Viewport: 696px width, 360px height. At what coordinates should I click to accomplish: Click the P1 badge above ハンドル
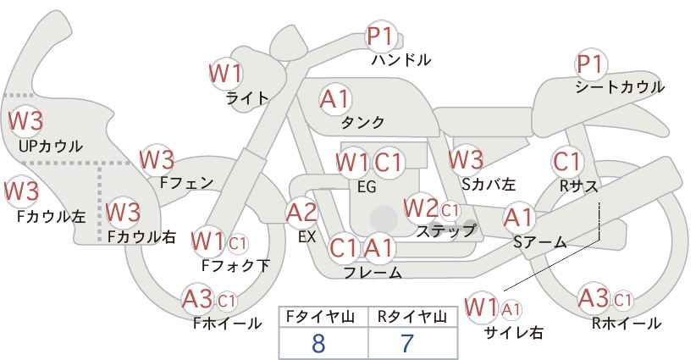point(380,36)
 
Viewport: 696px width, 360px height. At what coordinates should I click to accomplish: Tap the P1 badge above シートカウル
point(591,65)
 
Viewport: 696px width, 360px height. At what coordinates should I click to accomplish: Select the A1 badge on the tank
point(335,100)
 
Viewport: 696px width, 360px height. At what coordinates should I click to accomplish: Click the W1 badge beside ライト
point(225,73)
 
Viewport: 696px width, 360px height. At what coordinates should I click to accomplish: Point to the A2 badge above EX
point(301,213)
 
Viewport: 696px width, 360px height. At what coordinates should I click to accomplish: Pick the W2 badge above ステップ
point(420,208)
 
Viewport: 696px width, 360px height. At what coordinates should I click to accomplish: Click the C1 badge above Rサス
point(566,162)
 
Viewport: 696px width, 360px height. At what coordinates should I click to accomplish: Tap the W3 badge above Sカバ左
point(466,159)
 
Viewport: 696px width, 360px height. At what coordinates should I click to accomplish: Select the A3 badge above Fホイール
point(197,299)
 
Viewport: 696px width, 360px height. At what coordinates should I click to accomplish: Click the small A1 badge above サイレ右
point(511,308)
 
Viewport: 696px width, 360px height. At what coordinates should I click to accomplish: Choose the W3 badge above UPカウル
point(25,121)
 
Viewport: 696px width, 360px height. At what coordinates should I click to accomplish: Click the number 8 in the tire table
point(318,343)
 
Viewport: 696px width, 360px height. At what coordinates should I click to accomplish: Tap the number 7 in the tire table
point(406,343)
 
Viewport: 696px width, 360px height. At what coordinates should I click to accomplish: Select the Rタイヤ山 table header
point(412,317)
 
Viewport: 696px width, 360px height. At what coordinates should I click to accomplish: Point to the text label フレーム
point(373,272)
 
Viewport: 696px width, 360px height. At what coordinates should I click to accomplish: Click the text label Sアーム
point(540,242)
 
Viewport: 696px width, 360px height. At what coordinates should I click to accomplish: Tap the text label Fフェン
point(186,183)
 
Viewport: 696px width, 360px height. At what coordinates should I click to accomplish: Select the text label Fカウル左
point(51,216)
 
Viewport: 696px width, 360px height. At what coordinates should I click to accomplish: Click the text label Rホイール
point(627,324)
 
